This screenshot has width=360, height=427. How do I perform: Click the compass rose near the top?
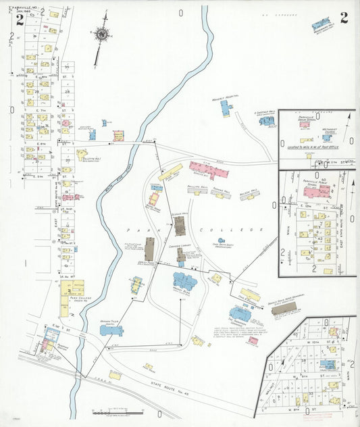click(101, 32)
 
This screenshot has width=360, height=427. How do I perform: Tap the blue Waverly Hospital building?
click(225, 107)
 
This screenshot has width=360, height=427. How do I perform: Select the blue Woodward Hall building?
click(322, 25)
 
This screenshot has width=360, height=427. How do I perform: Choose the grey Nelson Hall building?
click(248, 193)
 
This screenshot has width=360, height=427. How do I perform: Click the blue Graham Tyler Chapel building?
click(111, 330)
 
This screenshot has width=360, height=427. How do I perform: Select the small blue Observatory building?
click(221, 241)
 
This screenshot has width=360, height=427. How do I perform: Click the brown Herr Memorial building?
click(283, 307)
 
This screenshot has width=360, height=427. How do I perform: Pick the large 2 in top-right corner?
click(344, 18)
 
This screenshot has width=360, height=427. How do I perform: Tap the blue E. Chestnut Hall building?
click(267, 120)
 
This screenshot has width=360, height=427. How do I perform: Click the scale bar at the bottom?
click(107, 411)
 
